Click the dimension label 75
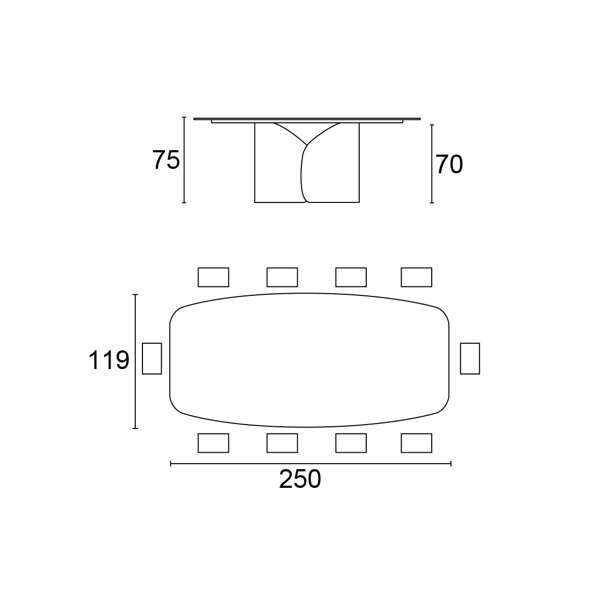coord(166,160)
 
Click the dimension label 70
coord(449,164)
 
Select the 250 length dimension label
coord(300,479)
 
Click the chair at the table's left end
coord(152,359)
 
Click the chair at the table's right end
coord(470,359)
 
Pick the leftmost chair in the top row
coord(213,277)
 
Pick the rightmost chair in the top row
coord(416,277)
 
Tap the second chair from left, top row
coord(282,277)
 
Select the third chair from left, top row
coord(351,277)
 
